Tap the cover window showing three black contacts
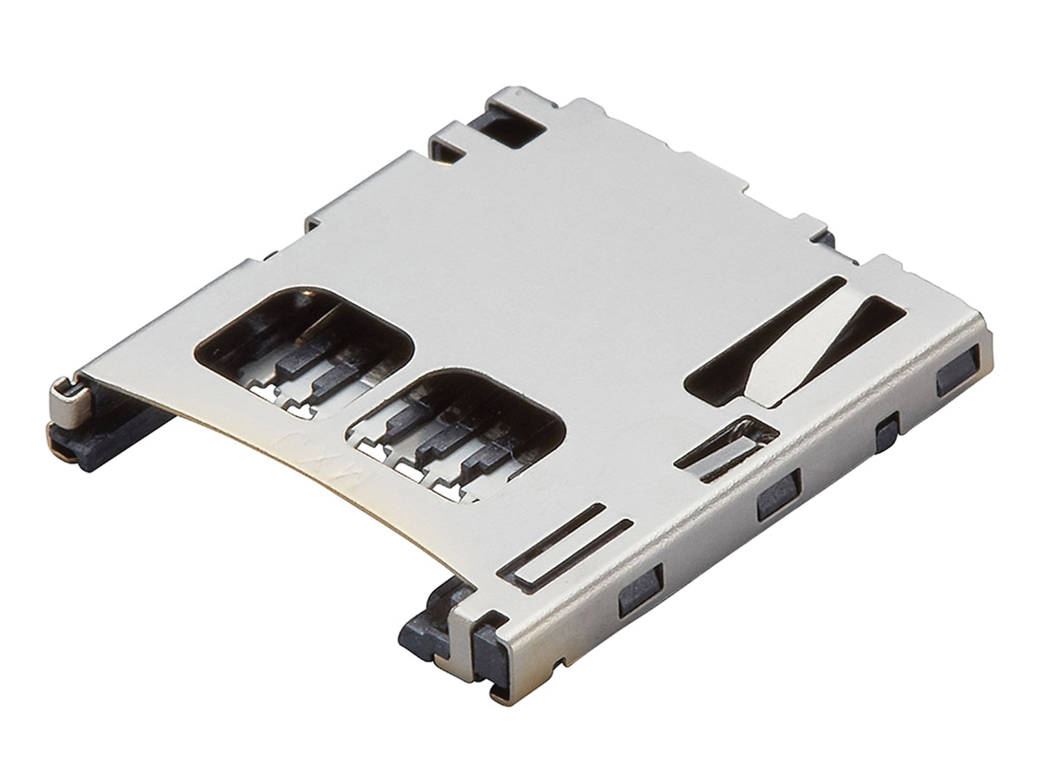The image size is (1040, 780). [455, 429]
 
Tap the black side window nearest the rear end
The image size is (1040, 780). [957, 370]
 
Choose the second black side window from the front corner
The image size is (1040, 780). [777, 495]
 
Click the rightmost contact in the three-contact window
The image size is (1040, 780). [485, 464]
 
